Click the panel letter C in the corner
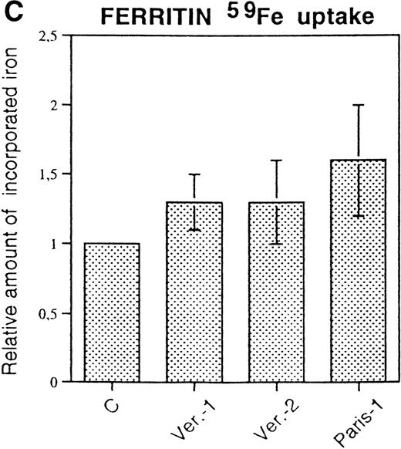8,12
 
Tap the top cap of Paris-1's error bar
357,105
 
